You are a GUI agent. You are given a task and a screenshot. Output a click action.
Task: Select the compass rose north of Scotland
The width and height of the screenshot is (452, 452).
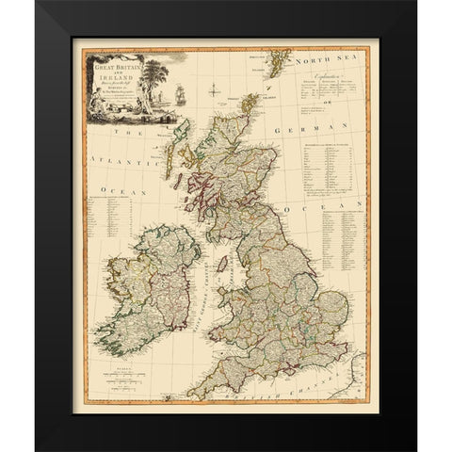214,91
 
